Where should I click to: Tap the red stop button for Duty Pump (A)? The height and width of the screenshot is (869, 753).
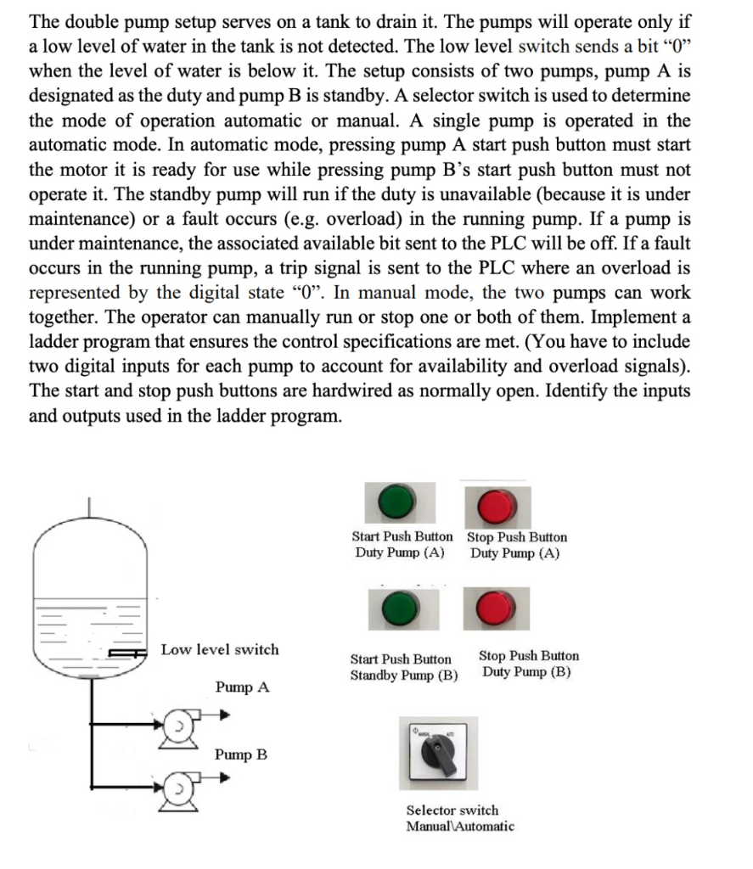[x=494, y=506]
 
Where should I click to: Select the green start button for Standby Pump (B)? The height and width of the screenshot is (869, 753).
[x=396, y=608]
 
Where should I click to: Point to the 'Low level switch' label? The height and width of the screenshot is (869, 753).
[x=220, y=650]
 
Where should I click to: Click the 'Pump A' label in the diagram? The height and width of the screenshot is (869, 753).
[x=242, y=687]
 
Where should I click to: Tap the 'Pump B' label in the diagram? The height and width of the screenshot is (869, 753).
[x=241, y=754]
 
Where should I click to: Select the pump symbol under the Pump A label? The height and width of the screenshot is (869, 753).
[x=181, y=726]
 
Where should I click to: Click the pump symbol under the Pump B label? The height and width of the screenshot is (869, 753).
[x=181, y=787]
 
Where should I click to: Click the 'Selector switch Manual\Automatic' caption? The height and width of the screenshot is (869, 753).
[x=459, y=818]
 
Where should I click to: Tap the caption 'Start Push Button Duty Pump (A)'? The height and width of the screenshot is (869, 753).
[x=402, y=545]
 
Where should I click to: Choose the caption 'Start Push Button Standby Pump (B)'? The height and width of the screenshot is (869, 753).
[x=403, y=667]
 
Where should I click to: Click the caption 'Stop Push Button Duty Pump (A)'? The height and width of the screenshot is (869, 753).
[x=516, y=545]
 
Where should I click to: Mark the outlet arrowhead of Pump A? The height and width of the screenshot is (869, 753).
[x=224, y=715]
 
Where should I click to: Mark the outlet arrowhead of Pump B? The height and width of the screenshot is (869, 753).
[x=224, y=776]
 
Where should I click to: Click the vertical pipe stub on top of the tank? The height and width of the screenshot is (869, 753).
[x=94, y=507]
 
